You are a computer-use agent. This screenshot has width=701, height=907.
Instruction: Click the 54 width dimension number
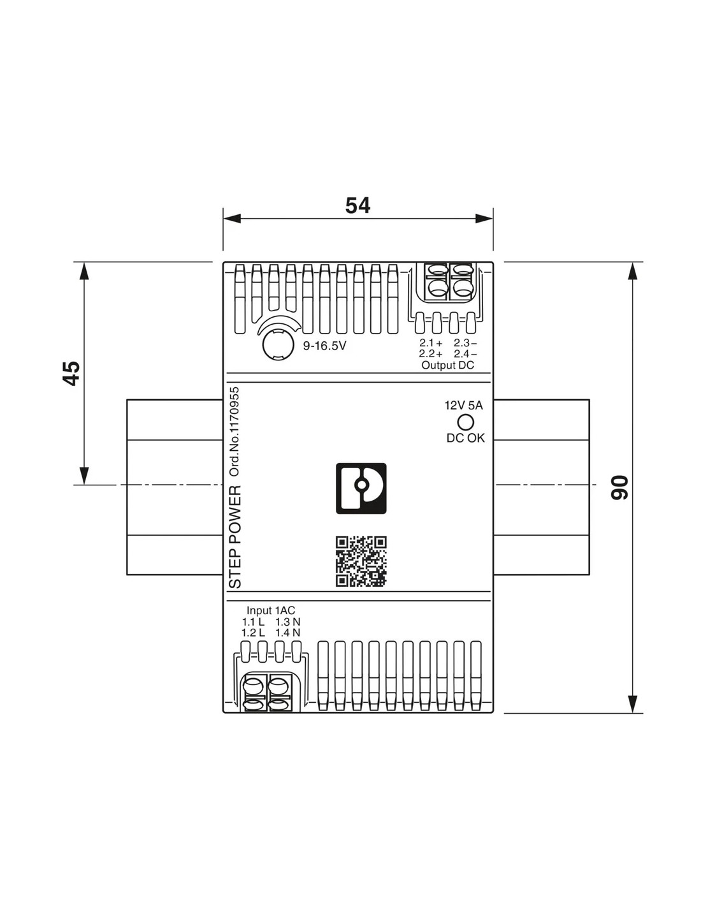[358, 205]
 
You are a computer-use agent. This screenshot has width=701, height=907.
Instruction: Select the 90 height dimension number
[619, 487]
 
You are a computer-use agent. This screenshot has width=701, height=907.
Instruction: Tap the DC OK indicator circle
[465, 422]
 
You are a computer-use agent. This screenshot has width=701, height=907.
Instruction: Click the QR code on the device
[361, 561]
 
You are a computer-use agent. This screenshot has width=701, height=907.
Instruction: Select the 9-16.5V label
[324, 346]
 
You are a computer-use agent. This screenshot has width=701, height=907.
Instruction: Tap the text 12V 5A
[464, 405]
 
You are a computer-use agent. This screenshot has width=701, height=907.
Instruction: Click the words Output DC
[448, 365]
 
